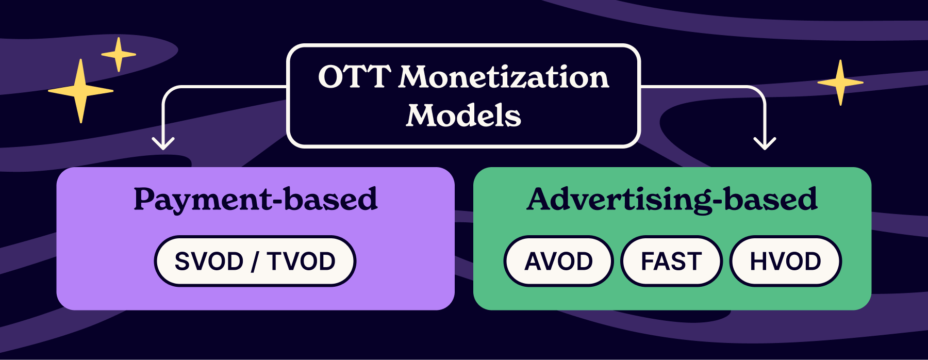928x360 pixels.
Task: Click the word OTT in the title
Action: (x=355, y=77)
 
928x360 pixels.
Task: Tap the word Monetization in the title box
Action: (x=504, y=77)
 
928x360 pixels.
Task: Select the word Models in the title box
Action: (x=463, y=116)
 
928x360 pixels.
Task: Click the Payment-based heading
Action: (x=256, y=200)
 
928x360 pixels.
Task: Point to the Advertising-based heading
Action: (x=672, y=200)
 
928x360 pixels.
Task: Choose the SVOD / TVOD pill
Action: (x=255, y=261)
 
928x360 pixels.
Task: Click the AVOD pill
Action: (x=558, y=261)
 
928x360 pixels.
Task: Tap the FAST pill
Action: (x=671, y=261)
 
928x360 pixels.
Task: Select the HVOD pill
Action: (x=785, y=261)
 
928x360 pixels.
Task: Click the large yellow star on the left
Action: (x=80, y=91)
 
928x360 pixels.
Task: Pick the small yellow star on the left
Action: (x=119, y=54)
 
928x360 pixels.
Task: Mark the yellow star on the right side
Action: (x=840, y=83)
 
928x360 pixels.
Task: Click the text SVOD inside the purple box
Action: (x=209, y=261)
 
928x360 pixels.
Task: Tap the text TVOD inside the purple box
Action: (x=301, y=261)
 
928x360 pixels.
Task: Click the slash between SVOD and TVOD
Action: (x=255, y=261)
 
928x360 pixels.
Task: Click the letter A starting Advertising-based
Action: (x=541, y=200)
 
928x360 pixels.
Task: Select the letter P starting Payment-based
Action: (x=144, y=200)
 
